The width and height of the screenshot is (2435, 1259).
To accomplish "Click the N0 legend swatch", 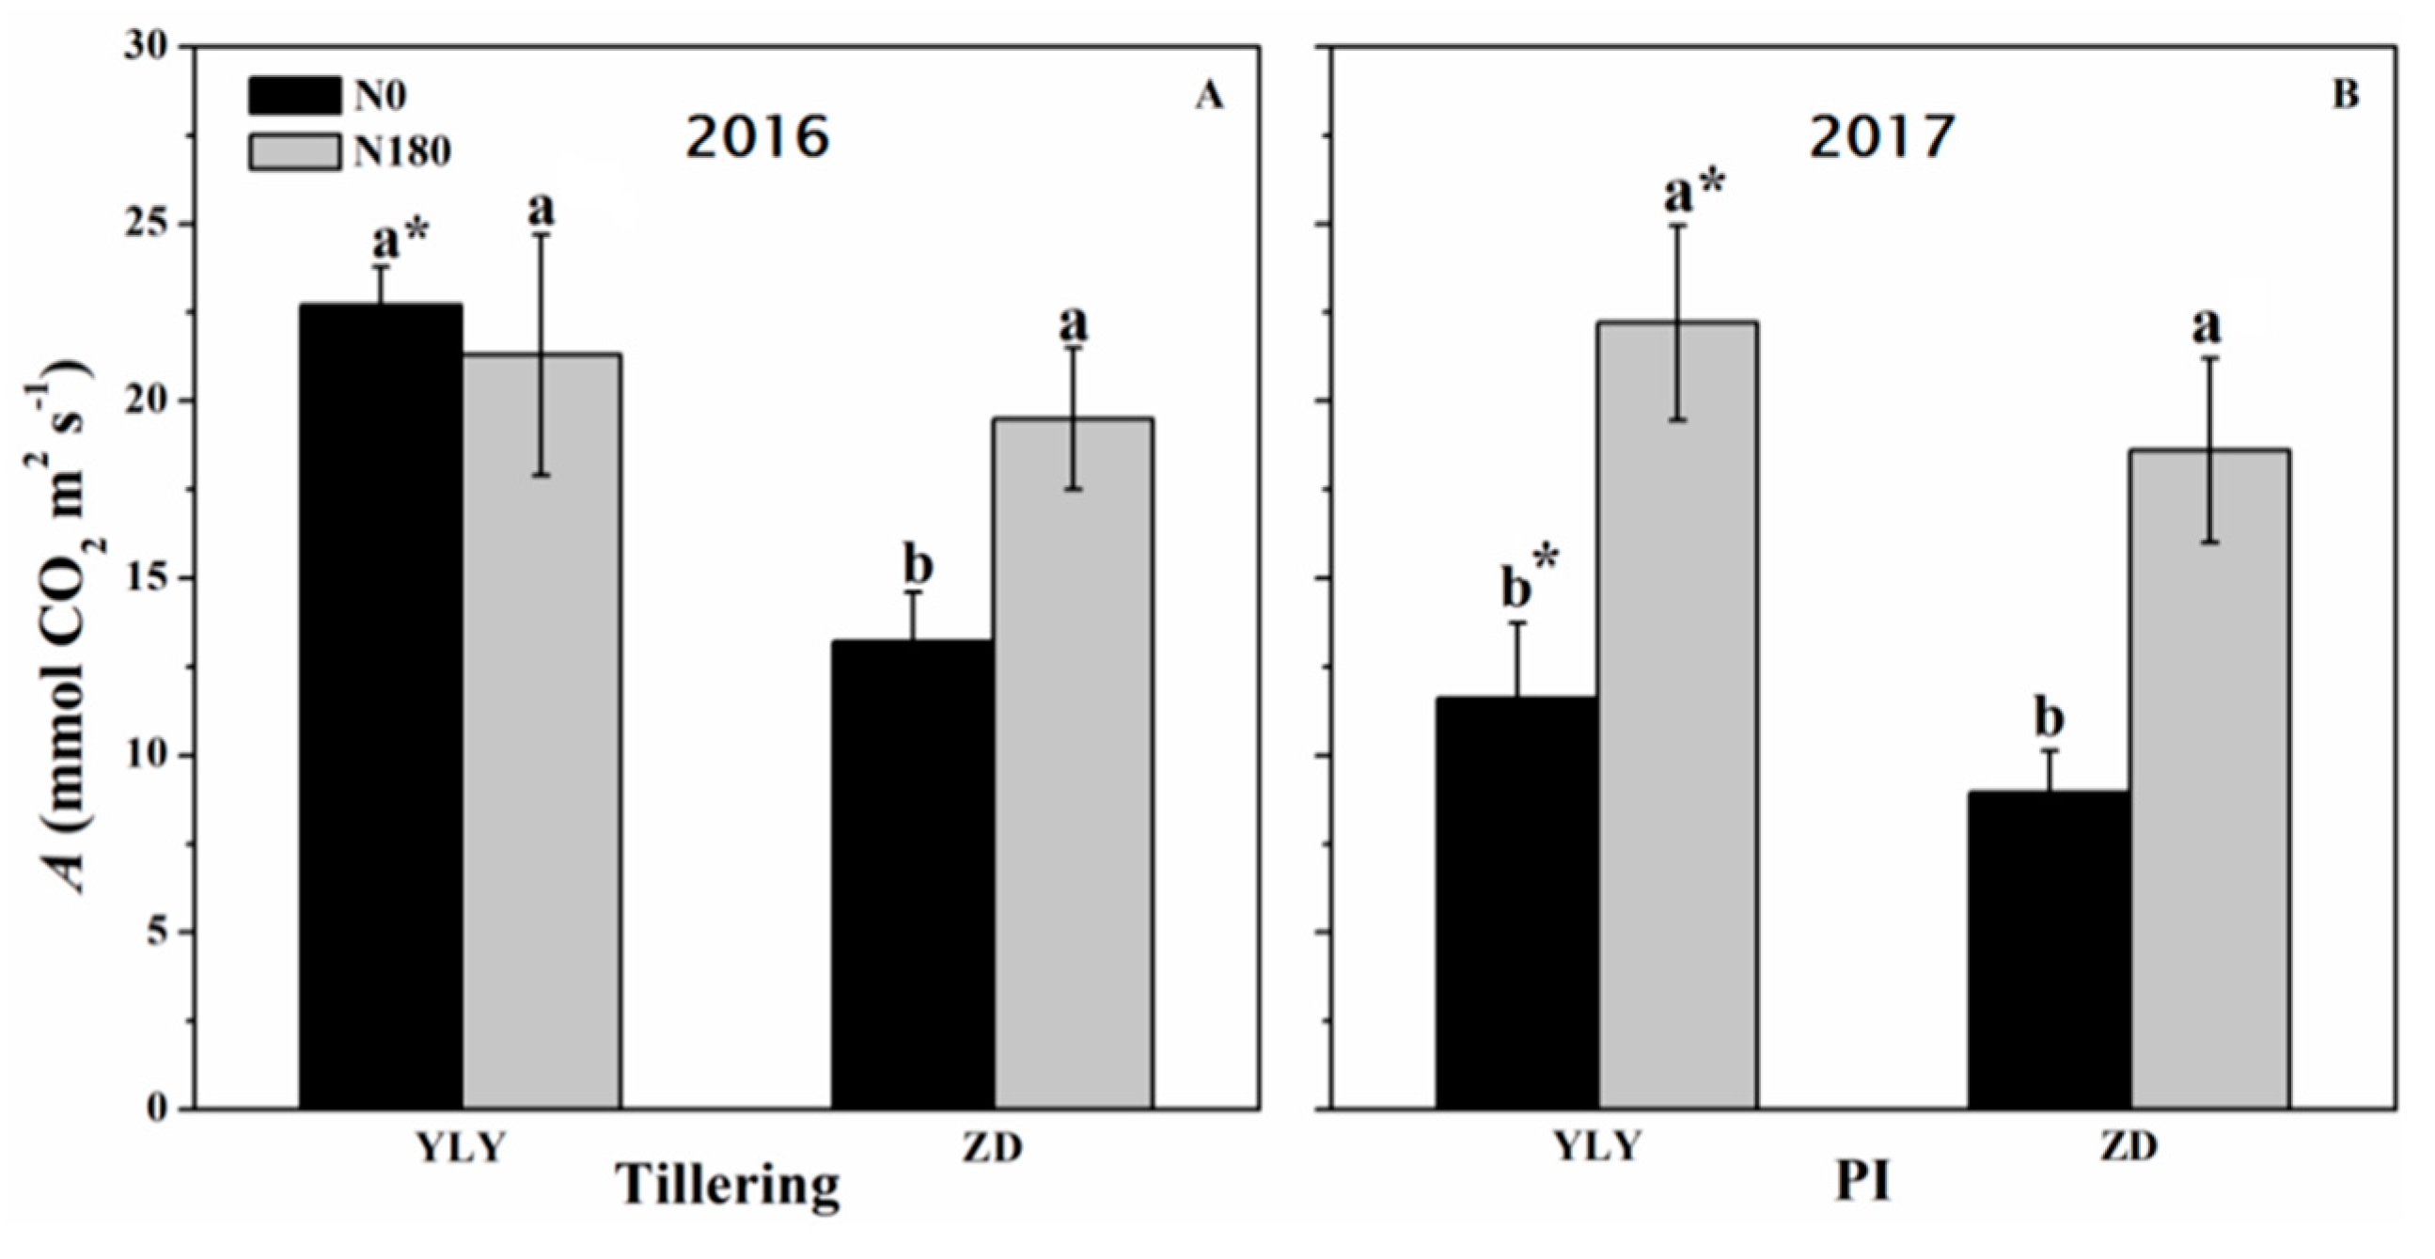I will (294, 96).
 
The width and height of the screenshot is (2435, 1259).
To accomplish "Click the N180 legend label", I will (401, 151).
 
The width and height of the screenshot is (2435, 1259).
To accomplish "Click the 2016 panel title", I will (757, 137).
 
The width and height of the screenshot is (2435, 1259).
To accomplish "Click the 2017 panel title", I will (1881, 137).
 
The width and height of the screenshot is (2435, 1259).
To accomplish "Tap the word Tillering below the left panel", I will (728, 1186).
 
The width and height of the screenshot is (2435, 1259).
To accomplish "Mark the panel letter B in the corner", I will (2345, 96).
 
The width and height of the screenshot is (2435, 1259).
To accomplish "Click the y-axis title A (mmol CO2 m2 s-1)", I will (71, 623).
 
